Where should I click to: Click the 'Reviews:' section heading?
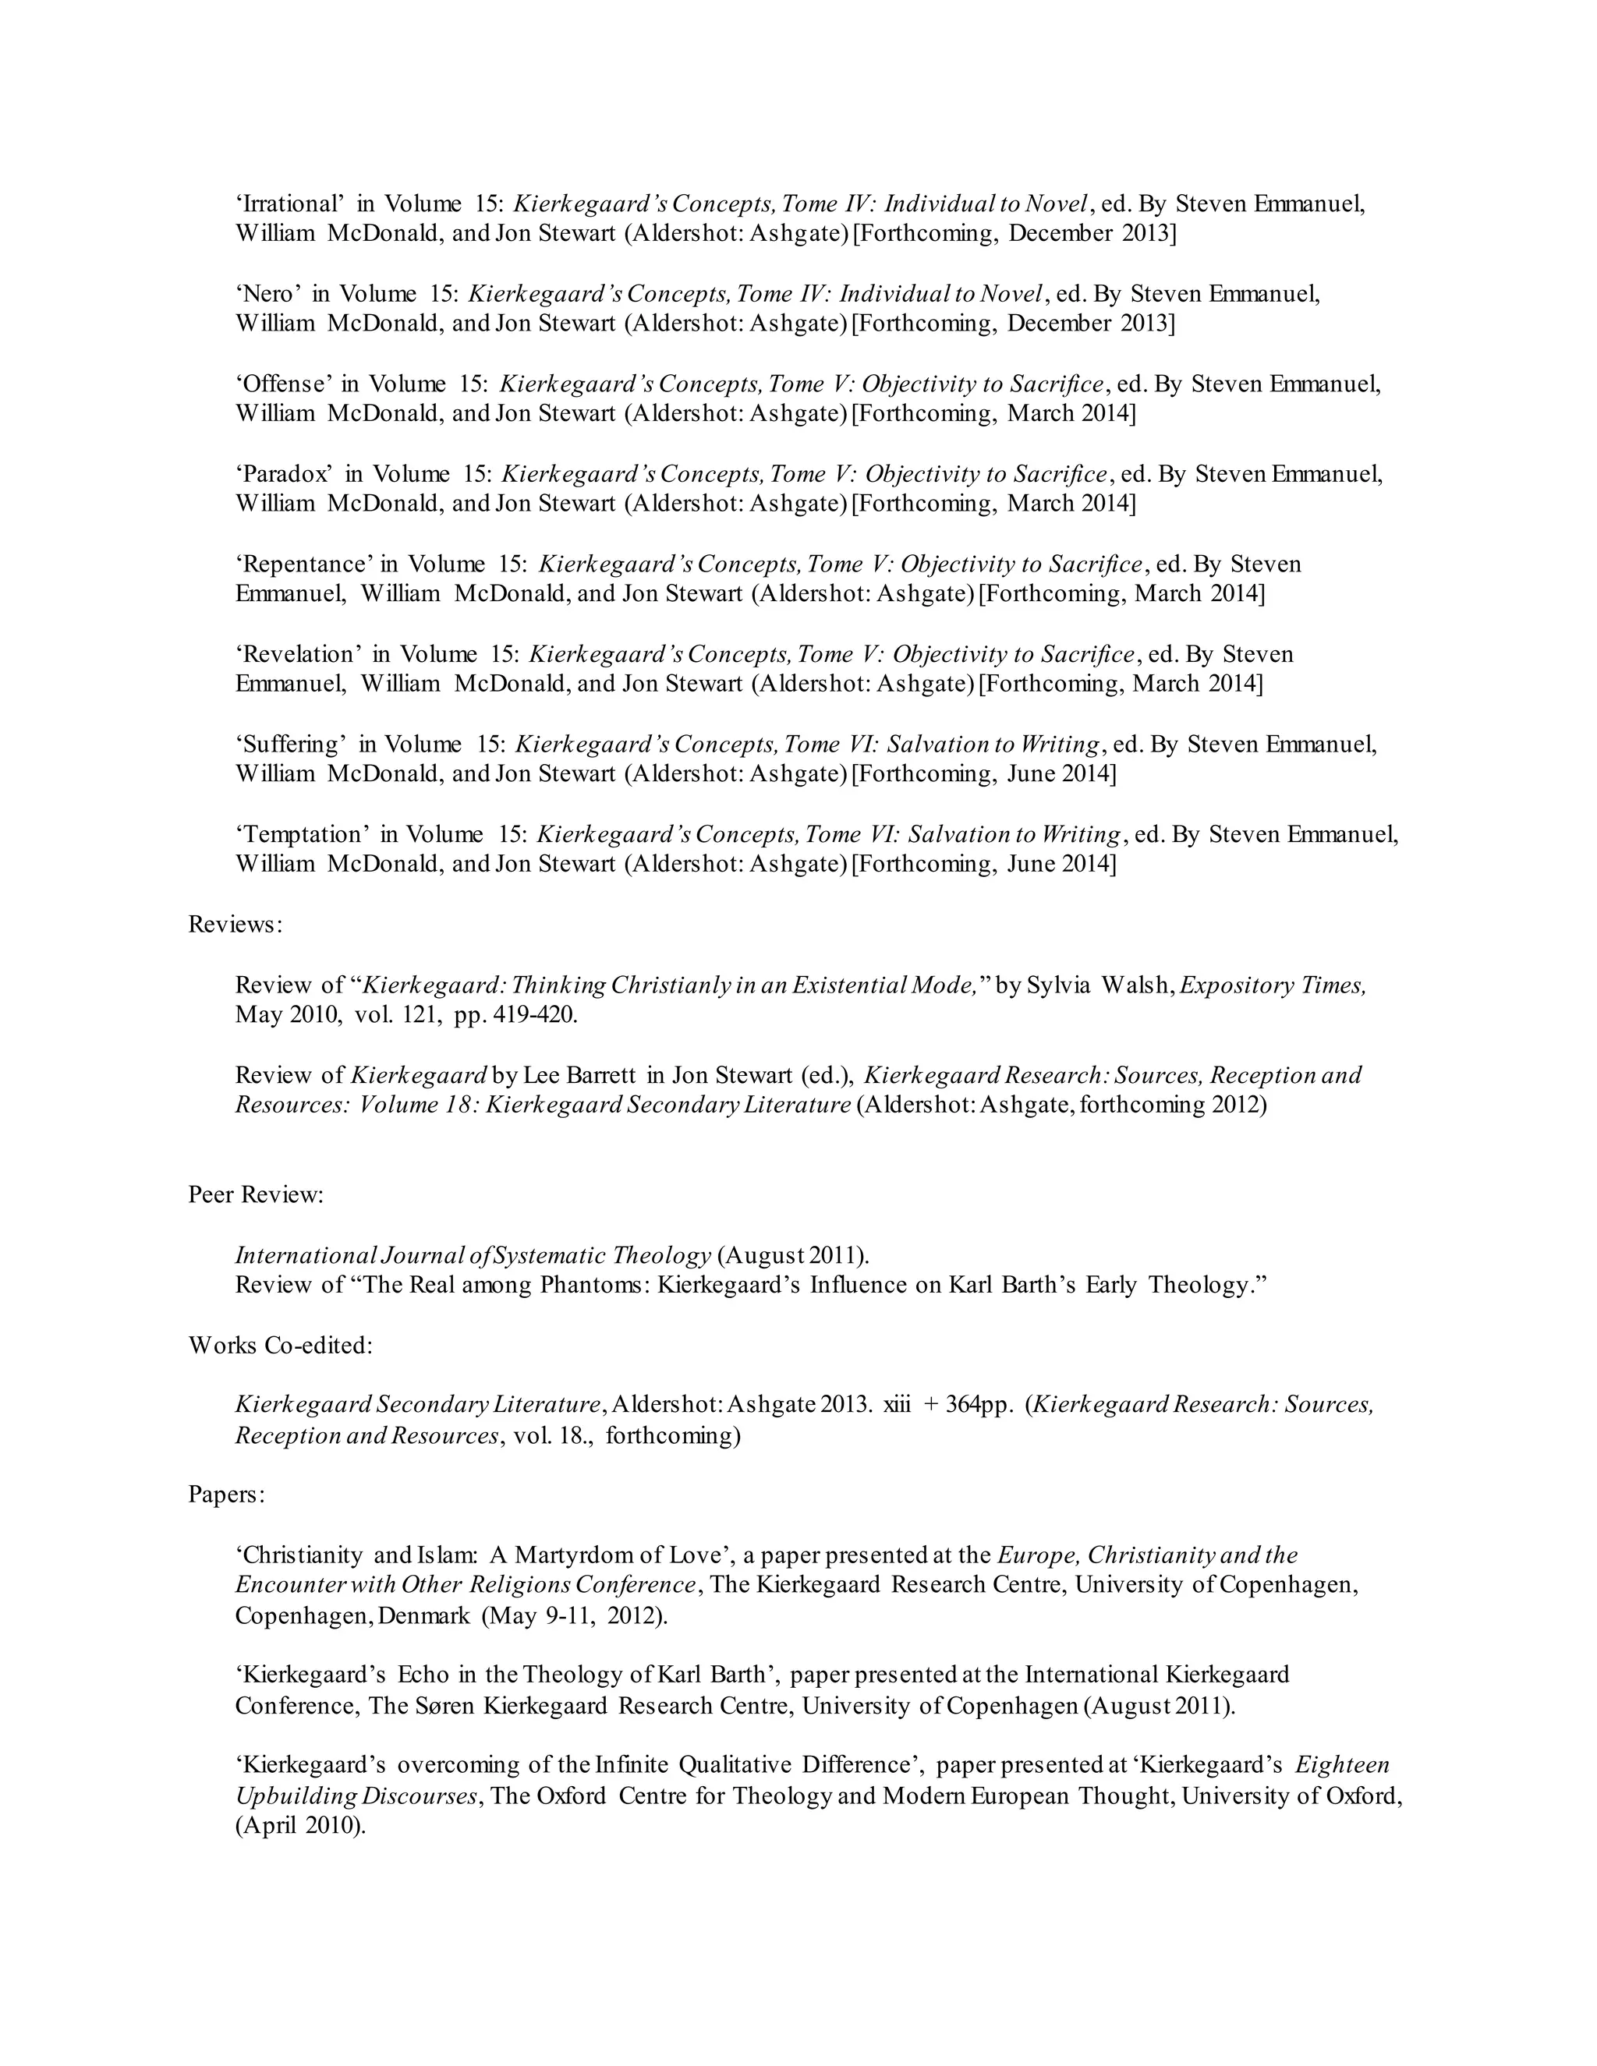click(x=235, y=924)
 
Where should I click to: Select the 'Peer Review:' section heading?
click(x=256, y=1194)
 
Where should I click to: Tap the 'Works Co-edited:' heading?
click(x=280, y=1344)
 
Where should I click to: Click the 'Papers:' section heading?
click(x=226, y=1495)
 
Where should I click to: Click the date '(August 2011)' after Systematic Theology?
click(x=793, y=1255)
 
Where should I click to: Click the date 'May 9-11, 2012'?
click(x=573, y=1615)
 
